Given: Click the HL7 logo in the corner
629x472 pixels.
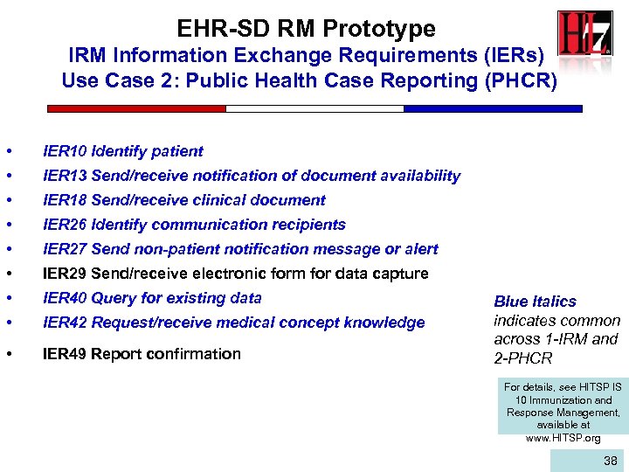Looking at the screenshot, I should point(584,39).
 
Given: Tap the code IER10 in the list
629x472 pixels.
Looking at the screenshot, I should point(65,151).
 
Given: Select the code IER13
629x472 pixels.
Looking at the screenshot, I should point(65,176).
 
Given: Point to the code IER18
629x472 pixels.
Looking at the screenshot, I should point(65,200).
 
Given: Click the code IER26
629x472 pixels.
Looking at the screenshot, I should point(65,225).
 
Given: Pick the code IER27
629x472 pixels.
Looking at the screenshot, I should point(65,249).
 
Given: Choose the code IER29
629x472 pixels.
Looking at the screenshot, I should point(65,274).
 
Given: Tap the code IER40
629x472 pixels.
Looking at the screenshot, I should point(65,298).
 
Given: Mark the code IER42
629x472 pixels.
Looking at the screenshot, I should point(65,323).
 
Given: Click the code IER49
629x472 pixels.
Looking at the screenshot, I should point(65,354).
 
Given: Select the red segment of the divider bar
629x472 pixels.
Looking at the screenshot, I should point(136,109).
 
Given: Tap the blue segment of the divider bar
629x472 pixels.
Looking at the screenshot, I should point(493,109).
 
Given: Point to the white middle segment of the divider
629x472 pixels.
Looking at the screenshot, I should point(314,109).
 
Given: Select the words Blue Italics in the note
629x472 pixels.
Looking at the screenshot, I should point(535,302).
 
